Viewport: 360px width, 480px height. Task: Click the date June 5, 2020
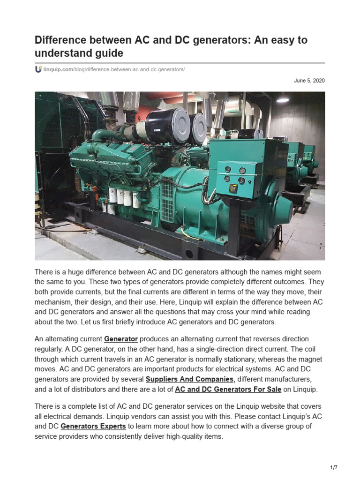pos(309,81)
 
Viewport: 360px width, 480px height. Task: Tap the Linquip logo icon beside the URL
pos(38,69)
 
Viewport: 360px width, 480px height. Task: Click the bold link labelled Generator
pos(121,338)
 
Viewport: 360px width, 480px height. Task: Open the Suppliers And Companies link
pos(189,379)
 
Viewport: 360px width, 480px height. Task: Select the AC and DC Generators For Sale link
pos(228,389)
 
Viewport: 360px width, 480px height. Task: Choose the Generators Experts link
pos(93,426)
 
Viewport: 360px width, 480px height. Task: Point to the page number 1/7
pos(333,467)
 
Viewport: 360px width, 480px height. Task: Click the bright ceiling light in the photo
pos(283,99)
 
